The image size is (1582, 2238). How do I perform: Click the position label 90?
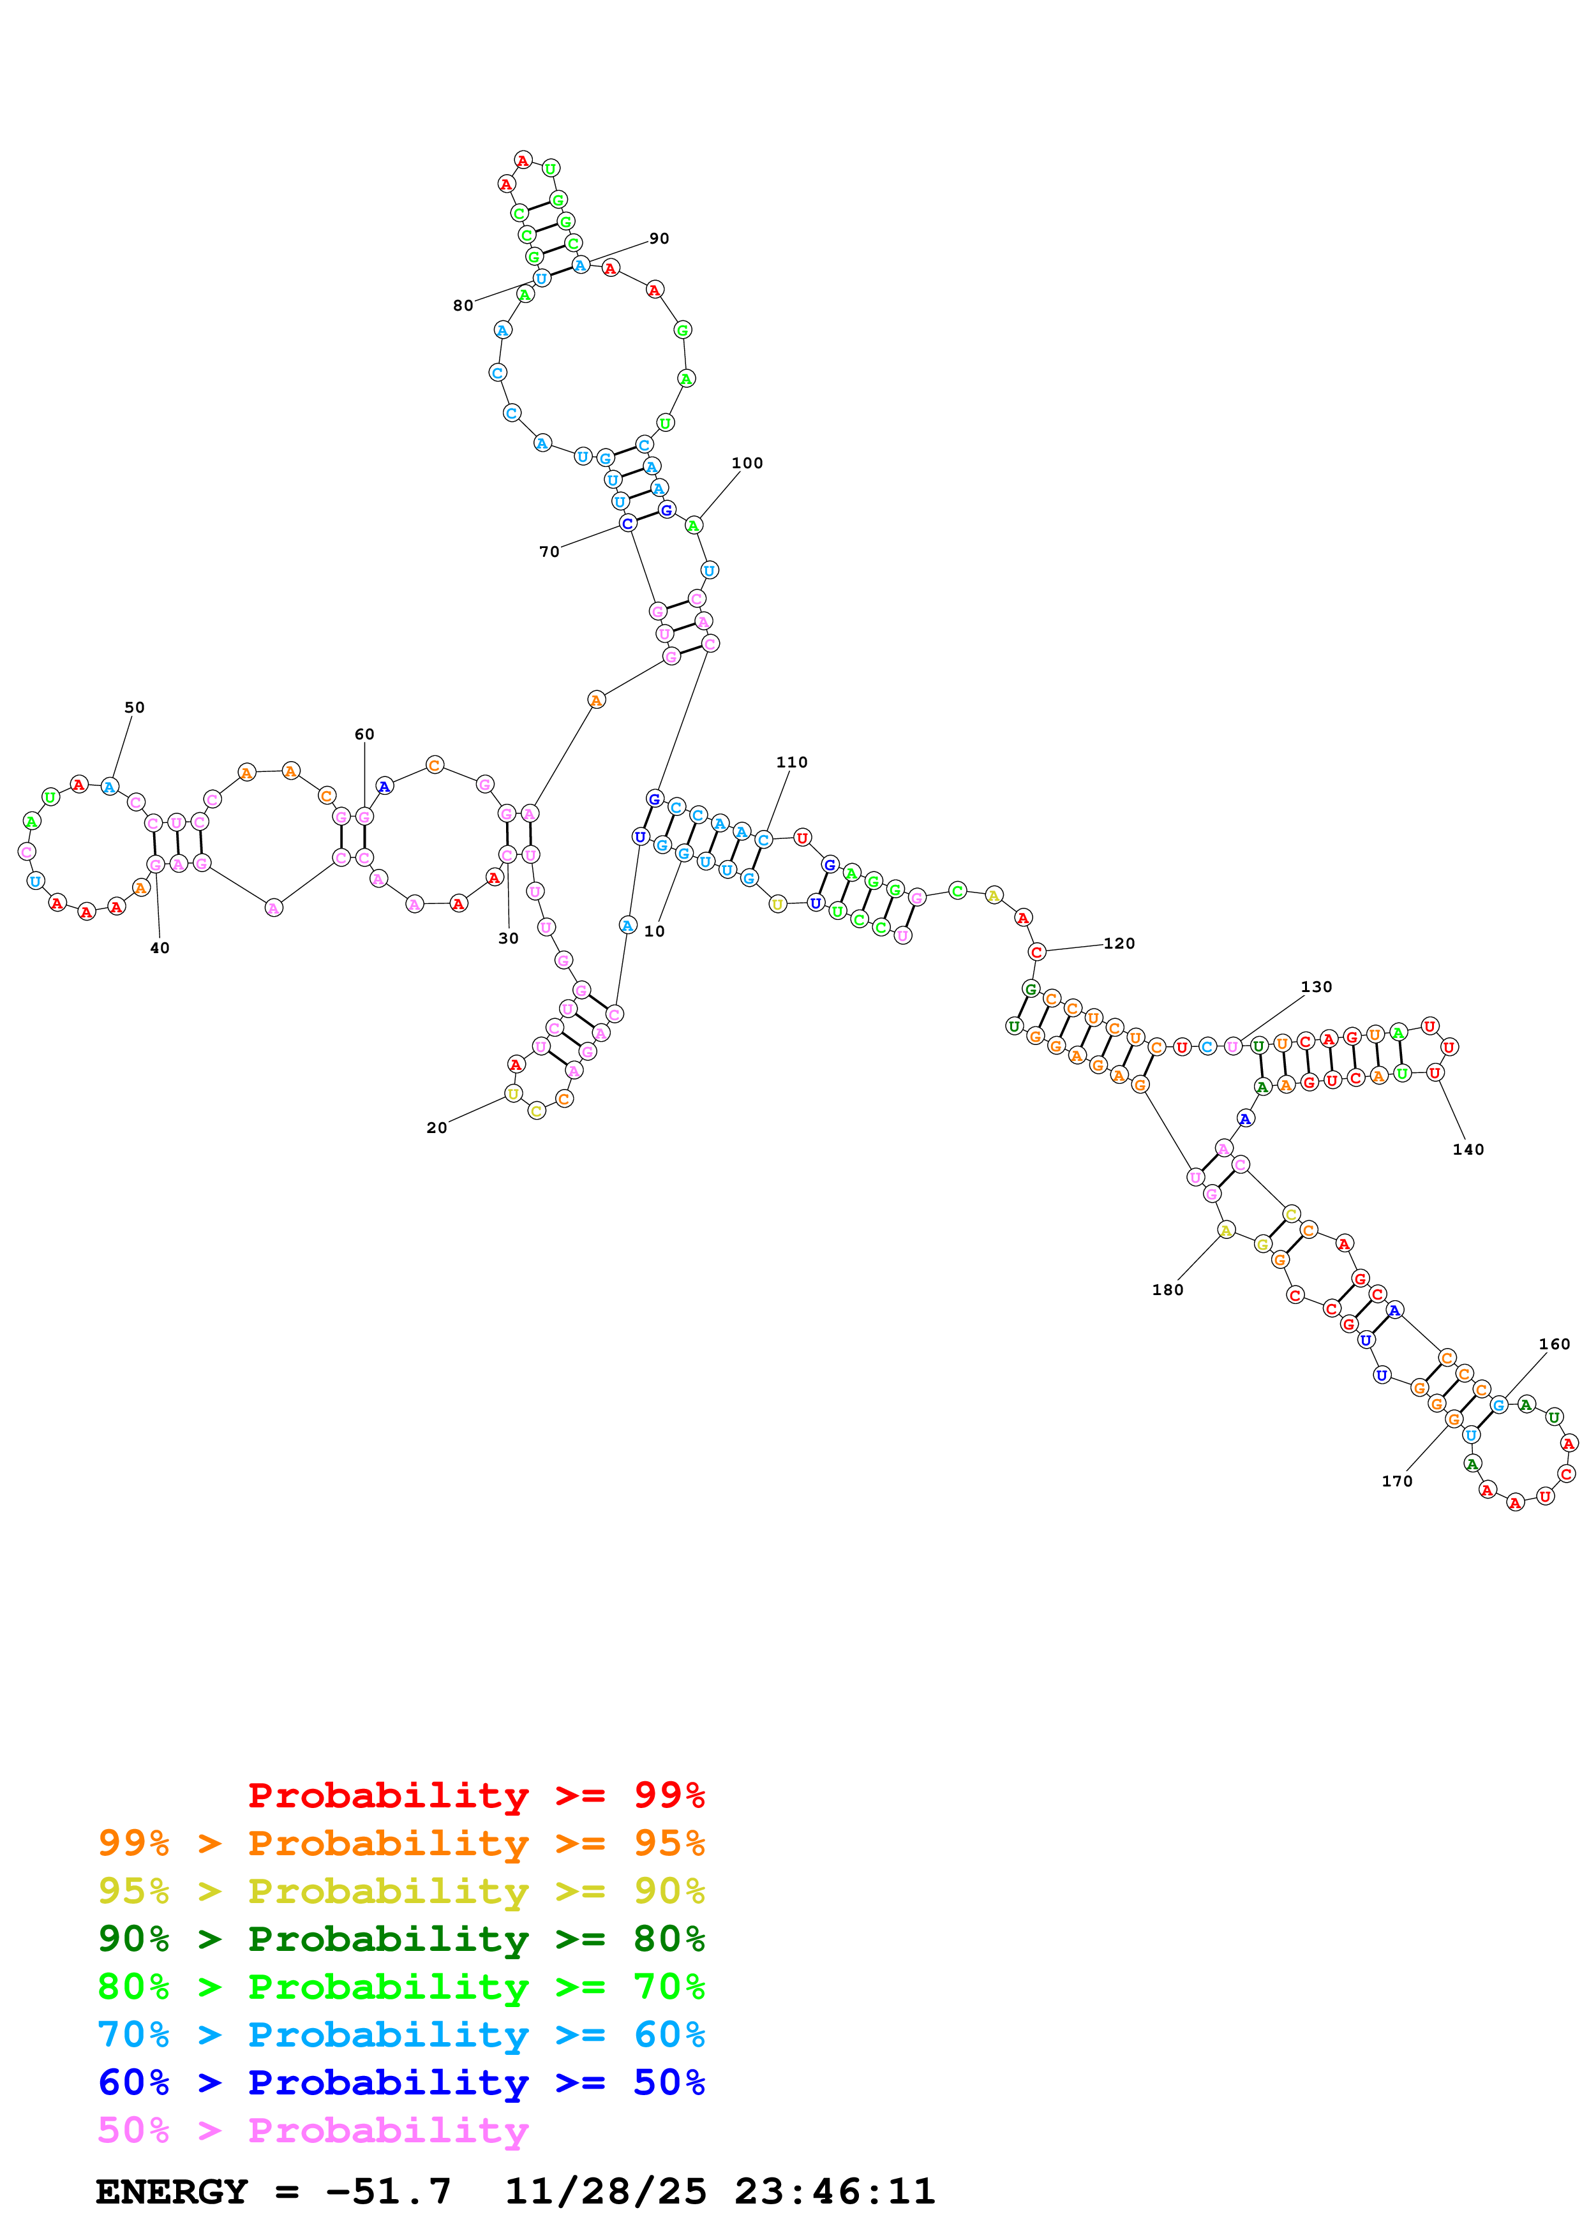pos(659,239)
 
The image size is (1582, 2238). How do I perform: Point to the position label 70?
pos(549,552)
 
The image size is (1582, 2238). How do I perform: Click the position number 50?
pos(135,708)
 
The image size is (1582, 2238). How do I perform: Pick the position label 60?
pos(364,734)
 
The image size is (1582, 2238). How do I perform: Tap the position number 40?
pos(160,947)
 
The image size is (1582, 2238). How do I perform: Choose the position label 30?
pos(509,938)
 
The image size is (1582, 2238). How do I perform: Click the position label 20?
pos(437,1128)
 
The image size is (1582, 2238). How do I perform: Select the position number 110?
pos(791,762)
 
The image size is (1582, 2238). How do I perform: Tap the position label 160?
pos(1554,1344)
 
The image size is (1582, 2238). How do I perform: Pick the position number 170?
pos(1397,1481)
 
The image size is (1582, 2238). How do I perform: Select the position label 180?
pos(1168,1289)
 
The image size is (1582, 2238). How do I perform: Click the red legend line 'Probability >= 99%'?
pos(475,1795)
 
